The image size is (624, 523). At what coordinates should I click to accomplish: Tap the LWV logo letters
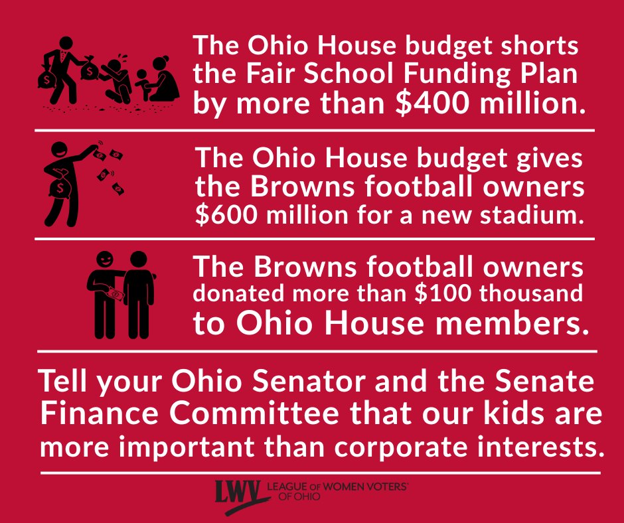pyautogui.click(x=238, y=491)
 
